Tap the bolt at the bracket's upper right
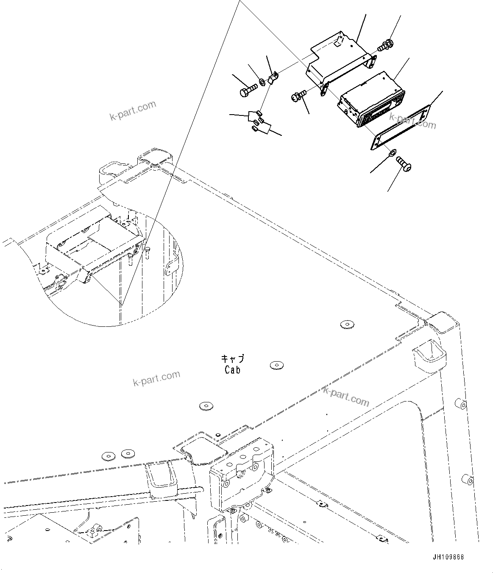click(x=385, y=45)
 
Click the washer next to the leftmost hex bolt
click(x=262, y=81)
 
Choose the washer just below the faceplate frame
click(x=393, y=152)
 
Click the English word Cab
click(x=233, y=370)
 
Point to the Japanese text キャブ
click(x=233, y=359)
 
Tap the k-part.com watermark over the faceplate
click(x=412, y=121)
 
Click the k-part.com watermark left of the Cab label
click(x=156, y=378)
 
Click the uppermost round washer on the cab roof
click(x=347, y=325)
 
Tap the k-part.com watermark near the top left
click(x=133, y=110)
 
